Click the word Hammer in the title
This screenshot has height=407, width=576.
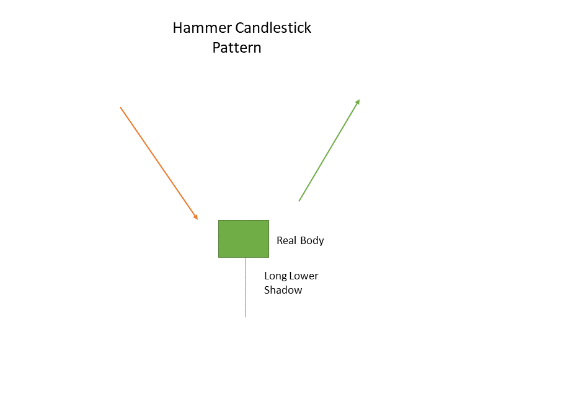point(202,28)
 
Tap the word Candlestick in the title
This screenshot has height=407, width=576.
point(273,28)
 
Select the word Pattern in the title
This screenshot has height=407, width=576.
point(237,48)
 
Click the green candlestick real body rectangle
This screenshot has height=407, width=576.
point(244,239)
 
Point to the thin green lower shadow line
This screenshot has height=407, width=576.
point(245,287)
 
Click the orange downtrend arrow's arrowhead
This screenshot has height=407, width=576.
point(196,217)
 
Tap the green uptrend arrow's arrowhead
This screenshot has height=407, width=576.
point(357,102)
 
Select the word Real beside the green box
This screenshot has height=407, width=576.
point(286,240)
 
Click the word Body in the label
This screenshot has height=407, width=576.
point(312,241)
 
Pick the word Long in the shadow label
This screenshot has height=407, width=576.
point(275,276)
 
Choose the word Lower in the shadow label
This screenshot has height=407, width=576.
point(304,276)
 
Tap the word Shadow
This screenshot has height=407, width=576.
point(283,290)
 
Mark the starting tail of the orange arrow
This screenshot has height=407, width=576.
point(120,108)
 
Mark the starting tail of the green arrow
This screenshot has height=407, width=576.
point(299,201)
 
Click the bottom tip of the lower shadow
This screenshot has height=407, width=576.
point(245,317)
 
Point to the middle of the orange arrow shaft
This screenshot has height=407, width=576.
point(159,164)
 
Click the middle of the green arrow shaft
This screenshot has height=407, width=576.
point(329,150)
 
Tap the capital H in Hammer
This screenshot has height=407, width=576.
point(177,28)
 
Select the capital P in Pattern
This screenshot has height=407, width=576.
point(216,48)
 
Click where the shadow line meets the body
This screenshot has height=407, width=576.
point(245,258)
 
